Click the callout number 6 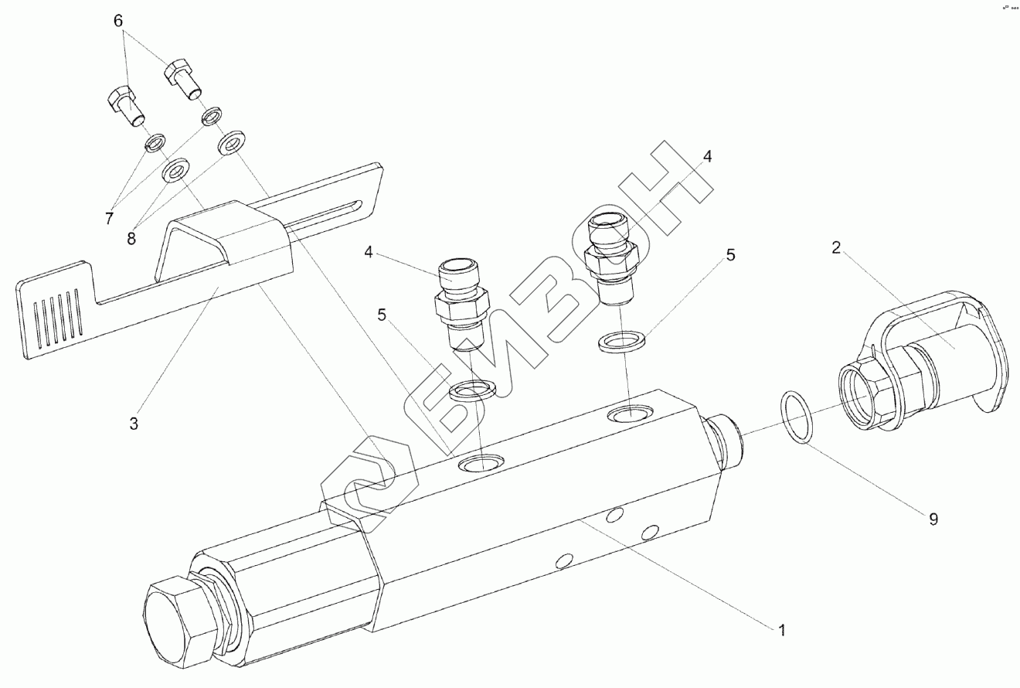(x=118, y=21)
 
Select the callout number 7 (x=110, y=219)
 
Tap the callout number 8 (x=131, y=237)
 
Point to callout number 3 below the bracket (x=134, y=423)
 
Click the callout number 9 (x=933, y=519)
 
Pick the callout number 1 (x=782, y=630)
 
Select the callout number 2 (x=836, y=247)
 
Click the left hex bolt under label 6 (x=123, y=105)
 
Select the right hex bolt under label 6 (x=181, y=77)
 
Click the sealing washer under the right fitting (x=624, y=341)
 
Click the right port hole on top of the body (x=632, y=415)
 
